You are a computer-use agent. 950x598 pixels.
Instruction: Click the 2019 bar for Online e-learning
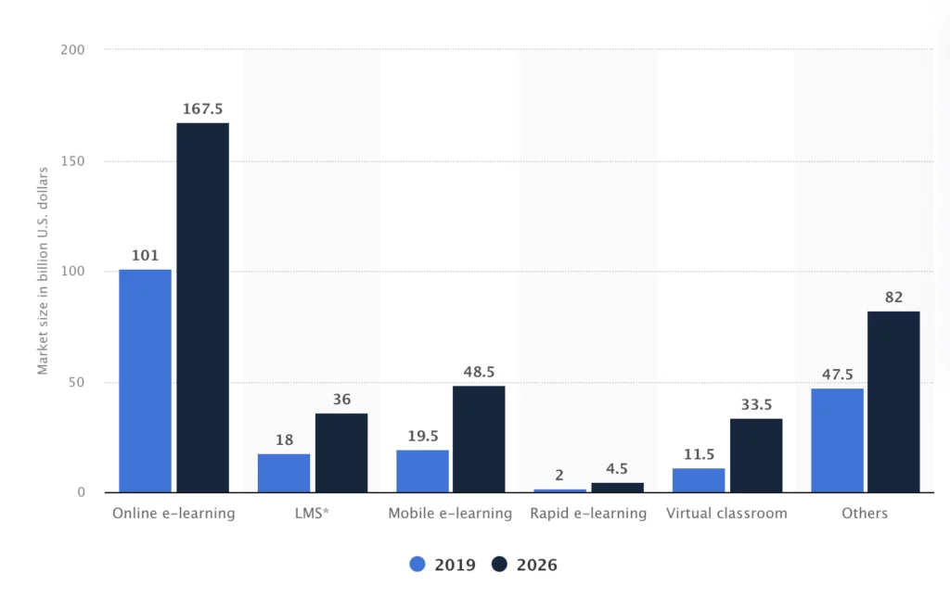[x=145, y=381]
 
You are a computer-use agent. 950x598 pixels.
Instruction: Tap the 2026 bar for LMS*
[x=340, y=452]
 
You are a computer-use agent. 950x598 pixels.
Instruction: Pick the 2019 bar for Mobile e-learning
[x=422, y=471]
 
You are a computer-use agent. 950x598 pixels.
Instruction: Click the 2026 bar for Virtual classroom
[x=756, y=455]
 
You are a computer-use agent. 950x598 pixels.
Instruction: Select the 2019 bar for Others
[x=837, y=440]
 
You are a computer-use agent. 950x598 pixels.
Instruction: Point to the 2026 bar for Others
[x=893, y=401]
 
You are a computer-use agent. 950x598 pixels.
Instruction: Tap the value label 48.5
[x=479, y=373]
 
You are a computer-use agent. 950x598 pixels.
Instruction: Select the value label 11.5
[x=699, y=455]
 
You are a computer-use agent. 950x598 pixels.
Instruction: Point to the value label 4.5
[x=617, y=469]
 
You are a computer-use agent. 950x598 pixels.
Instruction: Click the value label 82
[x=893, y=298]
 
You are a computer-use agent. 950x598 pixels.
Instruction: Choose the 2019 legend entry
[x=443, y=565]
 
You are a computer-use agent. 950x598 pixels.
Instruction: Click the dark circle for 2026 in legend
[x=499, y=565]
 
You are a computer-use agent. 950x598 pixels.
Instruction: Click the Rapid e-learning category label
[x=588, y=514]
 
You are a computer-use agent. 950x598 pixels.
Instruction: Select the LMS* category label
[x=312, y=514]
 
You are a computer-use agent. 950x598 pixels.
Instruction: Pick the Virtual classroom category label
[x=726, y=514]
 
